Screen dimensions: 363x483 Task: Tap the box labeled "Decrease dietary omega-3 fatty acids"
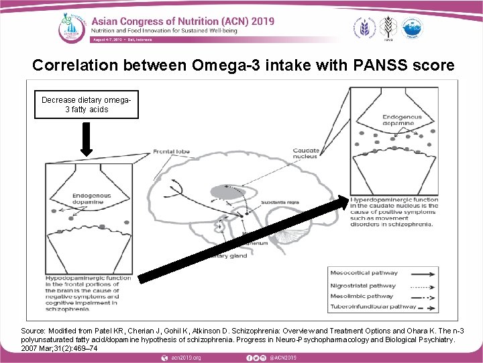[x=86, y=104]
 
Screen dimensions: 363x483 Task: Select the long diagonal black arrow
[x=248, y=238]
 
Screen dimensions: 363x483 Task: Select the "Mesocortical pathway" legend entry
[x=364, y=273]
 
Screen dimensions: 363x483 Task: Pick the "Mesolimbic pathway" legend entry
[x=362, y=296]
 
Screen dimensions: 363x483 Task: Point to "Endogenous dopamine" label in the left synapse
[x=88, y=198]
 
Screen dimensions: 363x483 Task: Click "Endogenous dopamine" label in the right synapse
[x=398, y=120]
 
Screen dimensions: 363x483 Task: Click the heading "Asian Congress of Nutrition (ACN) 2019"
[x=183, y=22]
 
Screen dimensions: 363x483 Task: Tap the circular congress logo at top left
[x=69, y=26]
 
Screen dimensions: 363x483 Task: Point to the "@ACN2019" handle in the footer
[x=284, y=357]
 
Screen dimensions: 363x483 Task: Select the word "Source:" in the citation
[x=34, y=331]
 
